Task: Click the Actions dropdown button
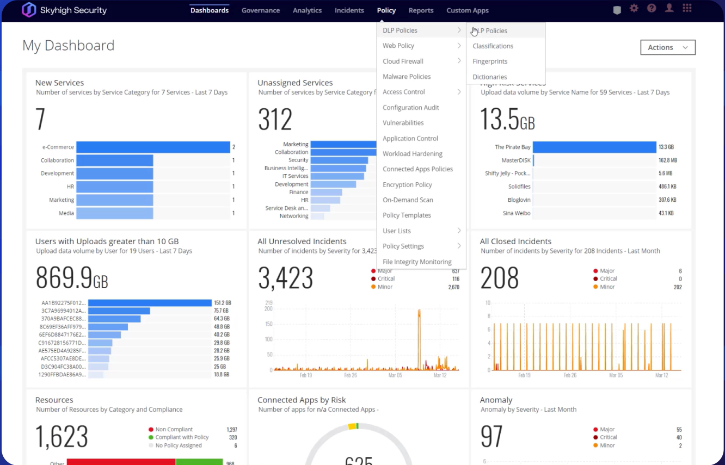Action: (x=668, y=47)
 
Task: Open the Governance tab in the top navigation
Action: (x=260, y=10)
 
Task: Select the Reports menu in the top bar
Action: (x=421, y=10)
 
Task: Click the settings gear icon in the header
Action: (x=634, y=9)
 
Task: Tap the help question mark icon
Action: (x=651, y=9)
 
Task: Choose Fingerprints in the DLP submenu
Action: (x=490, y=61)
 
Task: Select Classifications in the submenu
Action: (x=493, y=46)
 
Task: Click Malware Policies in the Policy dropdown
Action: (x=407, y=77)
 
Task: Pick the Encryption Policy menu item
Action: (x=407, y=184)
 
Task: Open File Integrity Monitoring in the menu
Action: (x=417, y=262)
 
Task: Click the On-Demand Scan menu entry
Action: (x=408, y=200)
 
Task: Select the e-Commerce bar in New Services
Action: (x=153, y=147)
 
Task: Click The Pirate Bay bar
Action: (x=594, y=147)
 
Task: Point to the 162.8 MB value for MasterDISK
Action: (x=667, y=160)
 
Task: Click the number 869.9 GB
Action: (x=71, y=277)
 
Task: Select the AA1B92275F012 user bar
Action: (x=150, y=303)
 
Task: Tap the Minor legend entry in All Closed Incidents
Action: (x=607, y=287)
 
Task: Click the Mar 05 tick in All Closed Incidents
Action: (x=616, y=375)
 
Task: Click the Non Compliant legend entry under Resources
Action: (x=174, y=430)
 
